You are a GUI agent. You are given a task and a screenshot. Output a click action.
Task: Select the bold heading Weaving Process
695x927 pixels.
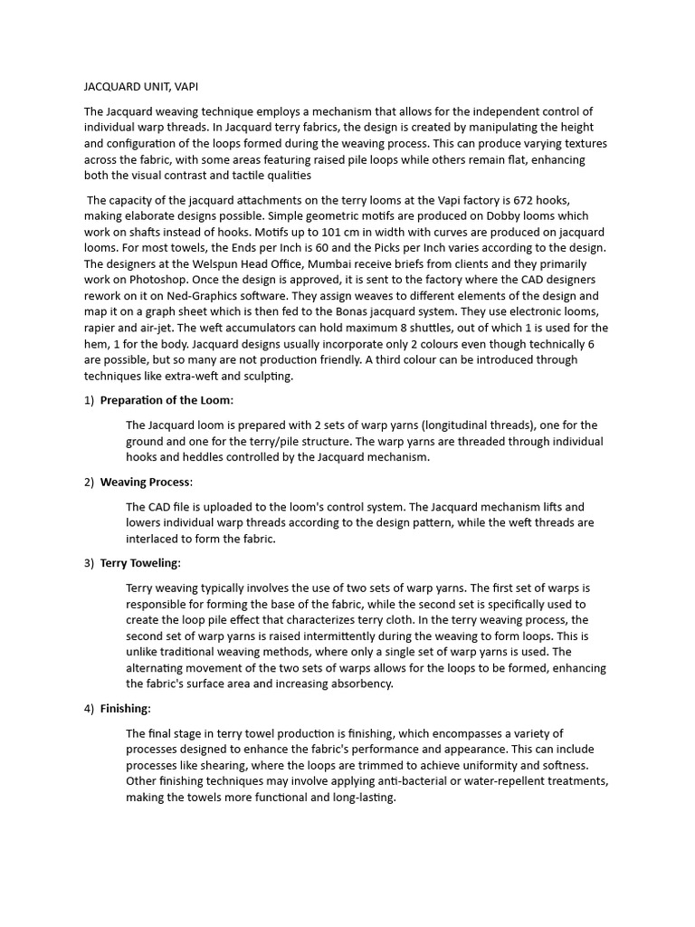pyautogui.click(x=146, y=482)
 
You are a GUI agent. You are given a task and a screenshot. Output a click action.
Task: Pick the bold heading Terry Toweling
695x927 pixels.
pyautogui.click(x=140, y=563)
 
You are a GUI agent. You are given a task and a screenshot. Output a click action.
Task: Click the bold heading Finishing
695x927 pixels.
pyautogui.click(x=125, y=708)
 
